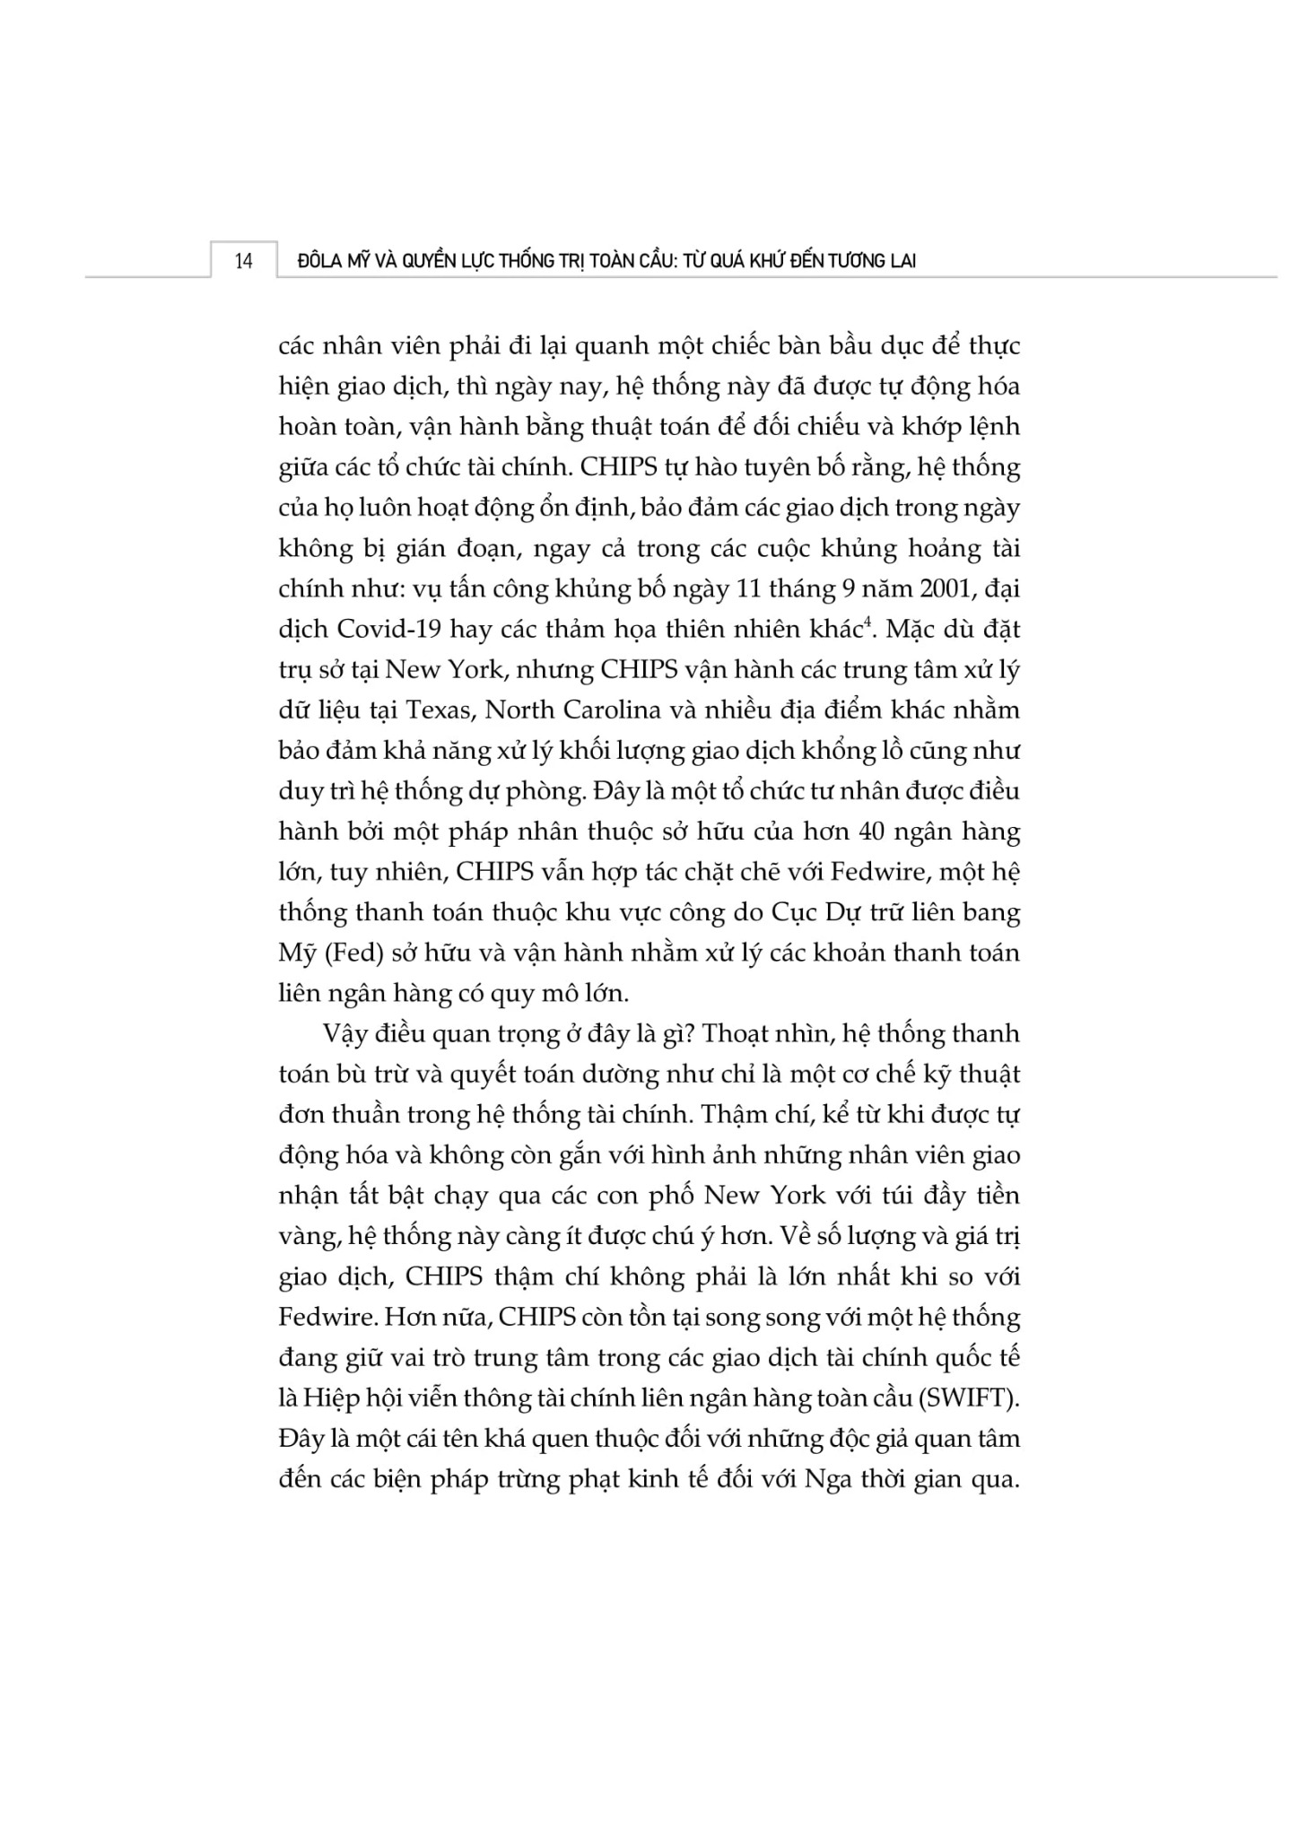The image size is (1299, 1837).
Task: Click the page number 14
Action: pos(243,262)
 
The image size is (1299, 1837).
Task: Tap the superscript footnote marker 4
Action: pos(867,622)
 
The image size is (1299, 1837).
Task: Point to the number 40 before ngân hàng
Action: pos(876,831)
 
